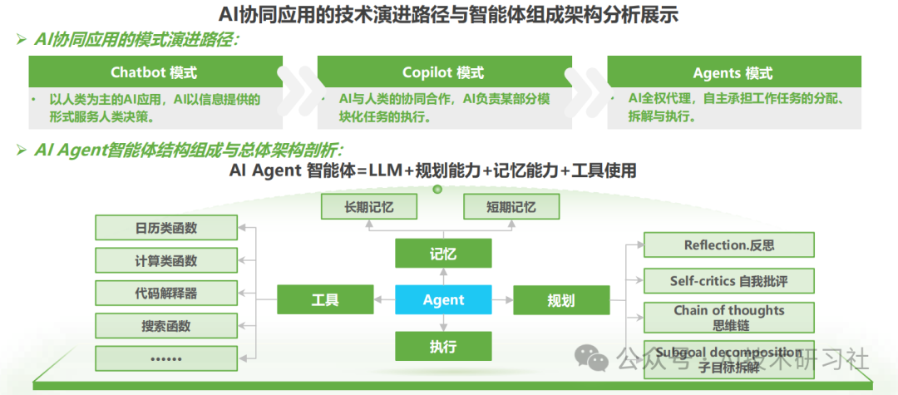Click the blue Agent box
coord(443,300)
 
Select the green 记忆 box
coord(443,254)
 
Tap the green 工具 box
coord(325,300)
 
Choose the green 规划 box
coord(561,300)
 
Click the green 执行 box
coord(443,345)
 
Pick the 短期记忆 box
coord(511,206)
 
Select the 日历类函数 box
coord(166,229)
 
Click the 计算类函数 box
coord(166,260)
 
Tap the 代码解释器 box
coord(166,293)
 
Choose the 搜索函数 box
coord(166,325)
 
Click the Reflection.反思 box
coord(728,245)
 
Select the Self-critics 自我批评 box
coord(728,281)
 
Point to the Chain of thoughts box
coord(728,318)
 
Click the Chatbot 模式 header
coord(155,72)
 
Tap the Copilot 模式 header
coord(443,72)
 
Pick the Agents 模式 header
coord(733,72)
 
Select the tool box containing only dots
coord(166,358)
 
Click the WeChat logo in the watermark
coord(593,358)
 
